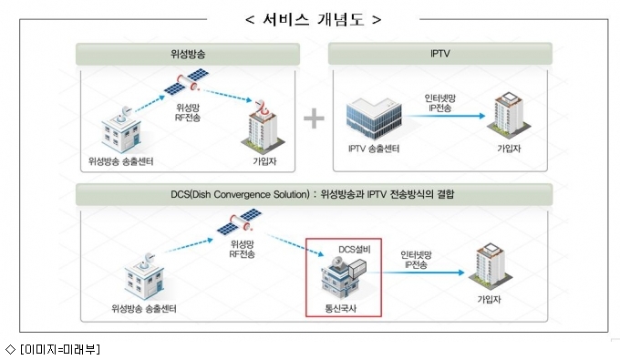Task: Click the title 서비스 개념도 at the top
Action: click(313, 19)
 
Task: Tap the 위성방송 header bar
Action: click(188, 54)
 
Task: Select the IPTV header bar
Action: click(440, 54)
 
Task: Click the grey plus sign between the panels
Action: click(314, 118)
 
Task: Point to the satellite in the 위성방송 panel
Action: click(187, 81)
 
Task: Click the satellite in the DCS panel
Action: click(239, 221)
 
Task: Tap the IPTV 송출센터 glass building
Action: click(374, 119)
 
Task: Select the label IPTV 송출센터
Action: click(374, 149)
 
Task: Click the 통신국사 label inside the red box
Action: click(340, 308)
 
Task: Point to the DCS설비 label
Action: click(355, 250)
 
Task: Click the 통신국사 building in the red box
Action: click(343, 278)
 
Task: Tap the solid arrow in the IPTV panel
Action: click(444, 116)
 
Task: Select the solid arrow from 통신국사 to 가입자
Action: click(416, 273)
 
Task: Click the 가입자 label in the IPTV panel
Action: click(509, 149)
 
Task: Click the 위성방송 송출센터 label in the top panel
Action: click(120, 161)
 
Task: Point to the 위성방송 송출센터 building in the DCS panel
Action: click(145, 277)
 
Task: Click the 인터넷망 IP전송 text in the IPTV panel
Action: click(439, 103)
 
